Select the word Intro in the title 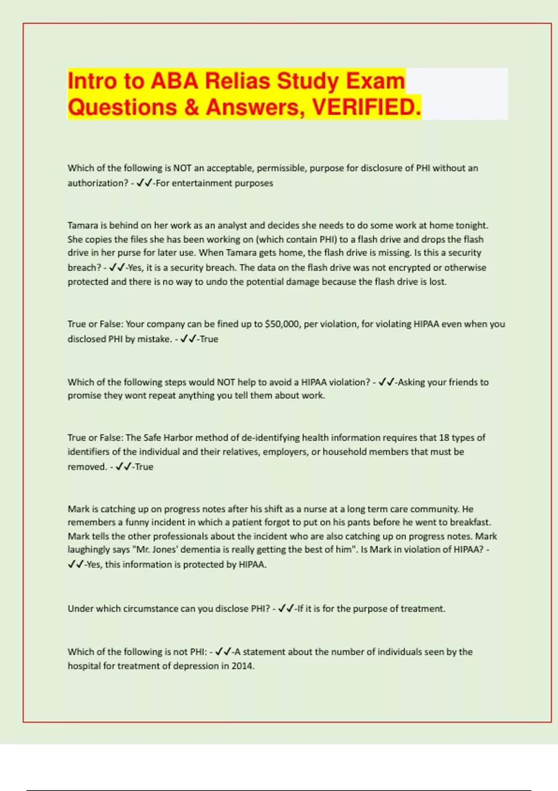pyautogui.click(x=92, y=81)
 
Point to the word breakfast pyautogui.click(x=471, y=522)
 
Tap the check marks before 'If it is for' pyautogui.click(x=286, y=609)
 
